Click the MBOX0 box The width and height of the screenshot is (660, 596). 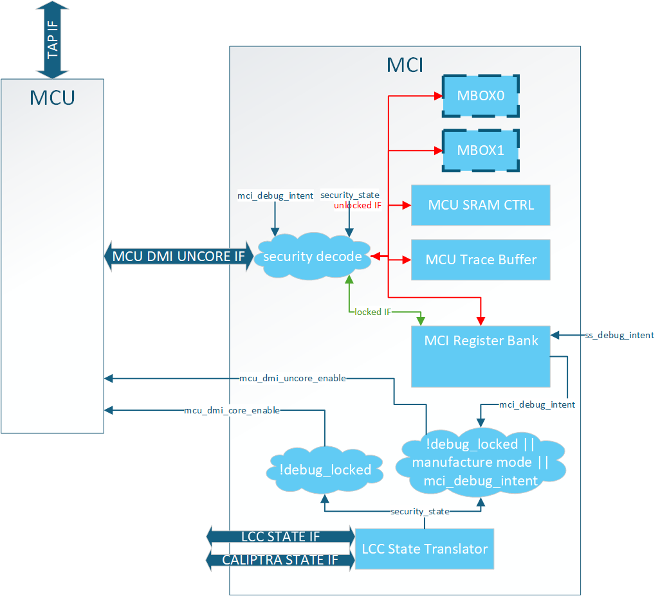click(x=481, y=96)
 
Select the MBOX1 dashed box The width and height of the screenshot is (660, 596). click(x=481, y=150)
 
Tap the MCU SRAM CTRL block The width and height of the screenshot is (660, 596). click(x=481, y=205)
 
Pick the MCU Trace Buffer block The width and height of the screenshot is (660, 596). click(x=481, y=260)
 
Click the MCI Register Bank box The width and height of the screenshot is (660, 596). click(x=481, y=355)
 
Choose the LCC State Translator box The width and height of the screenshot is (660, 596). click(x=425, y=549)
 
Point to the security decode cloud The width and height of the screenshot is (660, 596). click(x=313, y=257)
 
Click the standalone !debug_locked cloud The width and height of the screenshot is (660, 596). click(x=325, y=470)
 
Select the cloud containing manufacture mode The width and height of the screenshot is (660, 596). click(x=481, y=462)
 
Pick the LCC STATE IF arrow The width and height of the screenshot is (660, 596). click(x=280, y=536)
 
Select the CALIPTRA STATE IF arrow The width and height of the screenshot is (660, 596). click(x=280, y=560)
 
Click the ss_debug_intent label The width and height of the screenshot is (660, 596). click(x=619, y=335)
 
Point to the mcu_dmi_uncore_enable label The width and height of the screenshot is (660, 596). click(x=293, y=378)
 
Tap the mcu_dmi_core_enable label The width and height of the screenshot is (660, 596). click(x=232, y=410)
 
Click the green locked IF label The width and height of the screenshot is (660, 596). click(x=373, y=312)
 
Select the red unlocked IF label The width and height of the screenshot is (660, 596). click(x=358, y=205)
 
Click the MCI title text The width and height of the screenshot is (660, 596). click(x=405, y=65)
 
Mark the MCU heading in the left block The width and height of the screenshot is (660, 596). click(x=52, y=98)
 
